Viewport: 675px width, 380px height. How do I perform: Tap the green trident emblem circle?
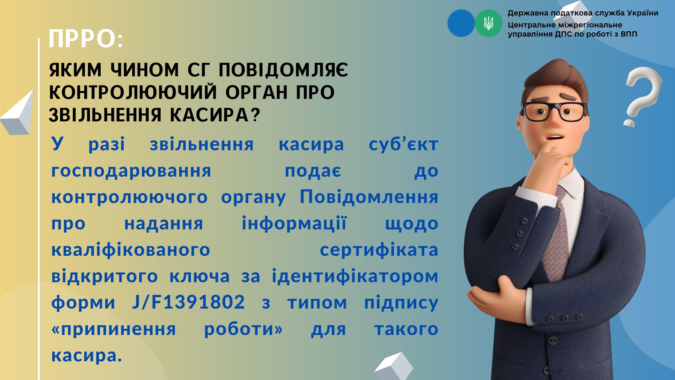tap(489, 23)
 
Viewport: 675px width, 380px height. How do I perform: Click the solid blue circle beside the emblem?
tap(461, 23)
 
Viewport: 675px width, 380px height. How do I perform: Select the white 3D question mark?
tap(643, 96)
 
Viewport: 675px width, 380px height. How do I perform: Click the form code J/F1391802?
tap(188, 302)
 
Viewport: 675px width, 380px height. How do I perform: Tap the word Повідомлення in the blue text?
tap(369, 197)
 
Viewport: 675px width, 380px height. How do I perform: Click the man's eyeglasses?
tap(554, 111)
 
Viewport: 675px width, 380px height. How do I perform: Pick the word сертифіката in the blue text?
tap(379, 250)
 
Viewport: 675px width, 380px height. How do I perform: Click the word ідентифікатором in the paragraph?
tap(355, 276)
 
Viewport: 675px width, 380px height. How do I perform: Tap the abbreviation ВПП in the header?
tap(629, 34)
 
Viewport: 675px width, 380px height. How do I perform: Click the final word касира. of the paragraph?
tap(86, 355)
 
